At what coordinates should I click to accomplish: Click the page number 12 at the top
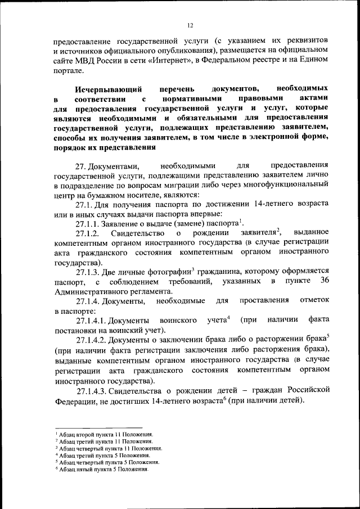(x=191, y=25)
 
